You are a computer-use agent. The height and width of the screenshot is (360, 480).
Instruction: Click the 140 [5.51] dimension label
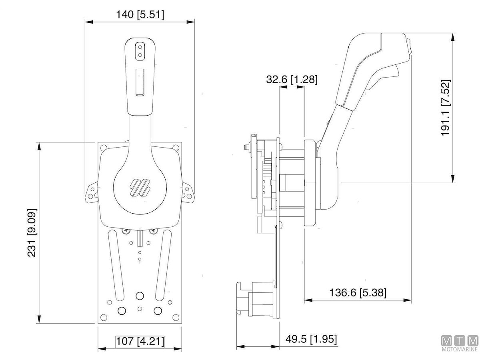[x=140, y=15]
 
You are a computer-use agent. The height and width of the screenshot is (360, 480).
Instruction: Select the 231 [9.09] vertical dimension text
[x=32, y=232]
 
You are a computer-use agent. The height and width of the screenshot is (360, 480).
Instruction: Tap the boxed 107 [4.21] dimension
[x=140, y=341]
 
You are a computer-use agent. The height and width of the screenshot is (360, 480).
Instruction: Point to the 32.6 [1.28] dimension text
[x=292, y=79]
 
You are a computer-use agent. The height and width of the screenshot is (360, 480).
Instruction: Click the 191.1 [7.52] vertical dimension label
[x=446, y=108]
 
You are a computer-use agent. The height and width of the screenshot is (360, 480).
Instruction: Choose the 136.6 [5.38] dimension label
[x=358, y=292]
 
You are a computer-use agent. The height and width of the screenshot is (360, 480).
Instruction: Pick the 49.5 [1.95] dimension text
[x=311, y=339]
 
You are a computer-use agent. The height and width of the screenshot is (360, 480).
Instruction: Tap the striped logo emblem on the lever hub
[x=140, y=188]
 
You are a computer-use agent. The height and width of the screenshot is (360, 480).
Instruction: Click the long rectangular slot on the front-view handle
[x=140, y=82]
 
